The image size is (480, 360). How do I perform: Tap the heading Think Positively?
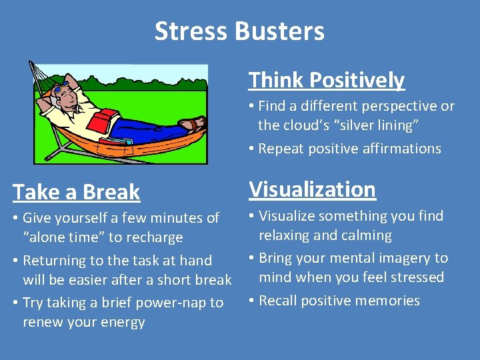coord(327,81)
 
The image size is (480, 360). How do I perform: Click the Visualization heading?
coord(312,189)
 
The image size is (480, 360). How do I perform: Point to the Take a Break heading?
coord(77,192)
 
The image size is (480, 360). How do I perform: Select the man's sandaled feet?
coord(191,123)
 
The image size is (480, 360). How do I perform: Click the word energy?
coord(123,323)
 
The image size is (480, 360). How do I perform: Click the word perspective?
coord(395,106)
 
